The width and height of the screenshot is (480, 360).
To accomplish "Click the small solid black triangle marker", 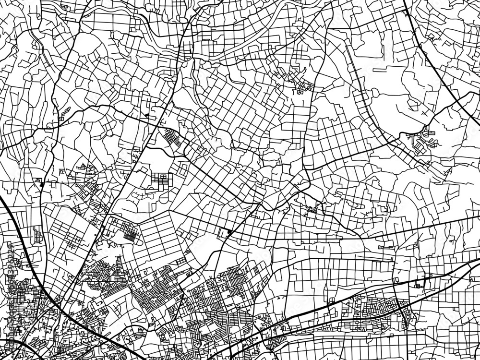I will point(146,116).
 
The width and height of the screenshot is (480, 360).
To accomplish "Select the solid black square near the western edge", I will point(42,184).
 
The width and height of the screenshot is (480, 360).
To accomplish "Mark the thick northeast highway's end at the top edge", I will point(405,2).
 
